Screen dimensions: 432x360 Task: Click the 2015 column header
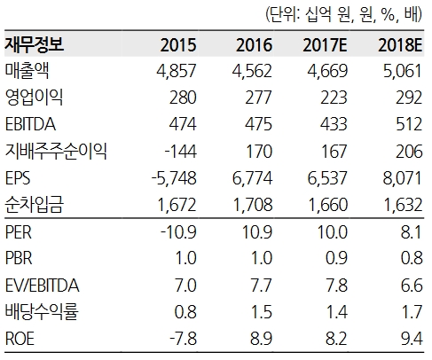pos(178,45)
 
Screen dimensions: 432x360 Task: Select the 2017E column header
pos(325,45)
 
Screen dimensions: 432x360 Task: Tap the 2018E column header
pos(400,45)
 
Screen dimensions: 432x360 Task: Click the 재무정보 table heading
pos(35,45)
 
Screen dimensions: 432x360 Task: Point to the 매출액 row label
pos(27,71)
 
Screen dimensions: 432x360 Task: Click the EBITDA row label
pos(30,124)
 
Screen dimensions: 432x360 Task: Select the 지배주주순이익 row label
pos(56,151)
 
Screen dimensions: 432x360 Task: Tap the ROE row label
pos(20,339)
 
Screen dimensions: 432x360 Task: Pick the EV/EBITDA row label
pos(43,286)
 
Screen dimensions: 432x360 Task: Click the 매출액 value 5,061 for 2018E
pos(403,71)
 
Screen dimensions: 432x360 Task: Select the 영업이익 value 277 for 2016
pos(258,98)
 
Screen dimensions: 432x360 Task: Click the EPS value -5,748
pos(174,178)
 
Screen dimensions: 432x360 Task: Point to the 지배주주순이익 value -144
pos(180,152)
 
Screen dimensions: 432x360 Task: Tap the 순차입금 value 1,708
pos(253,205)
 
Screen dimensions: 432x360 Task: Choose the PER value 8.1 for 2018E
pos(411,231)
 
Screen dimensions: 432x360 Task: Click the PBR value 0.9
pos(336,258)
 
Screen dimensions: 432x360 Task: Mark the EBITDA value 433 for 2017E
pos(334,124)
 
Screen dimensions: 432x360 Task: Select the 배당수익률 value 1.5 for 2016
pos(261,312)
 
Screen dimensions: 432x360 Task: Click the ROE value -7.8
pos(184,339)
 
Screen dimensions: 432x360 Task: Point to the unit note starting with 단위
pos(344,14)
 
